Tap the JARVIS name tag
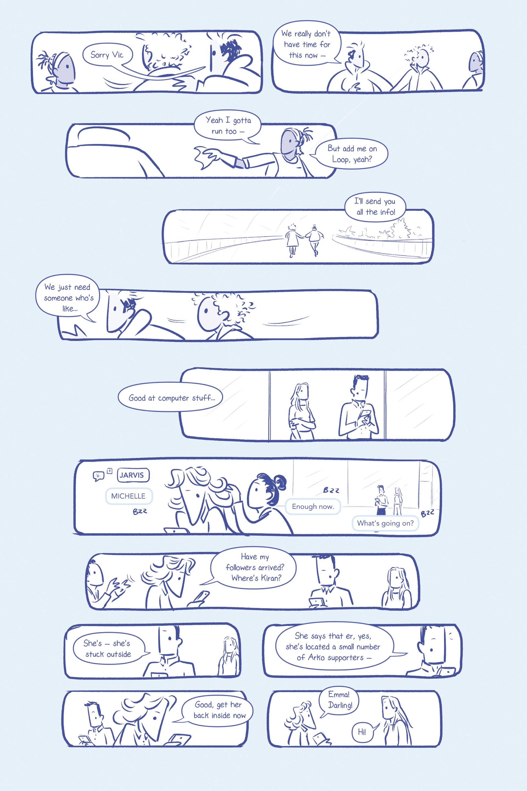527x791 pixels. pos(133,475)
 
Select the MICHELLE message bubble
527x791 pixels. pos(129,496)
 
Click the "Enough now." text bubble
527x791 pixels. pos(313,506)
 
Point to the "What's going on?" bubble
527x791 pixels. pos(385,523)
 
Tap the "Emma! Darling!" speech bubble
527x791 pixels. pos(339,700)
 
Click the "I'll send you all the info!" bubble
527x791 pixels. pos(375,207)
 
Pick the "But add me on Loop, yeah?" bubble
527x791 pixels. pos(352,154)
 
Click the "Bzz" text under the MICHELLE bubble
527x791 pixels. pos(140,511)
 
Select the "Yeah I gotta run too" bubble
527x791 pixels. pos(228,126)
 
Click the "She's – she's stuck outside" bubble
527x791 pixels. pos(108,649)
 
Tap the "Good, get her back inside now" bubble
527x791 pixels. pos(218,710)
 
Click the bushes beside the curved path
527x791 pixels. pos(383,231)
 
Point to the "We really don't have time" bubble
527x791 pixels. pos(307,44)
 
